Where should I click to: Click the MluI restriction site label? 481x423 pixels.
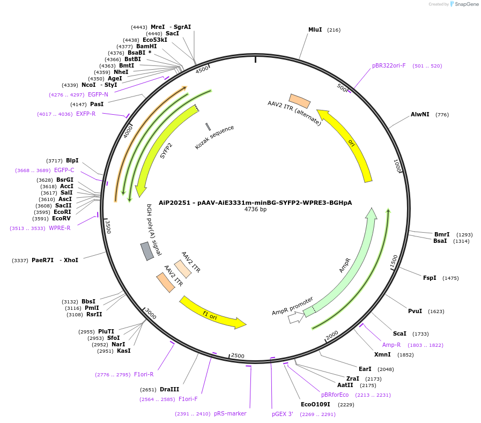coord(315,30)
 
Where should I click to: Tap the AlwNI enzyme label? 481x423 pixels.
coord(420,115)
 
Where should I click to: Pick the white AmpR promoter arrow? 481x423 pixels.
coord(295,317)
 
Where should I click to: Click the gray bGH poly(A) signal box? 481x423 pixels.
coord(147,251)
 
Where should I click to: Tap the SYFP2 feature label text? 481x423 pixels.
coord(167,151)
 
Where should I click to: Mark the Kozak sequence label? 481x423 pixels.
coord(214,137)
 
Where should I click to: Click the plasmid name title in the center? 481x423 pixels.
coord(255,203)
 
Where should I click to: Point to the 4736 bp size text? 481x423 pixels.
coord(255,210)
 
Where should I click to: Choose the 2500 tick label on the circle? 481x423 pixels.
coord(237,356)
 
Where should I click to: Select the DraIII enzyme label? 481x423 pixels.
coord(169,390)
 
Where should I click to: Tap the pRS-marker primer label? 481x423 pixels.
coord(230,414)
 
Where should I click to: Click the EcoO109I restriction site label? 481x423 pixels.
coord(316,405)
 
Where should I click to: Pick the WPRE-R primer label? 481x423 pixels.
coord(60,228)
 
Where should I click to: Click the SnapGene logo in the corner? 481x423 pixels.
coord(464,4)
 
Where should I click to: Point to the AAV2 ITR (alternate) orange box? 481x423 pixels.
coord(300,101)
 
